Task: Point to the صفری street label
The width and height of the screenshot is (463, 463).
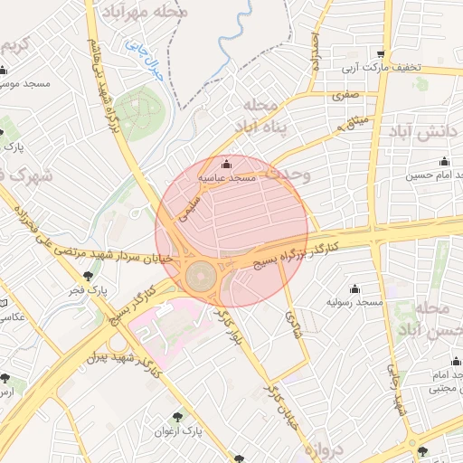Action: pyautogui.click(x=345, y=94)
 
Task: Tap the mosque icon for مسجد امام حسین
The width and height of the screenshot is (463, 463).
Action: pyautogui.click(x=444, y=162)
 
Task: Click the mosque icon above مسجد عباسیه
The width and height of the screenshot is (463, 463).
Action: pyautogui.click(x=226, y=164)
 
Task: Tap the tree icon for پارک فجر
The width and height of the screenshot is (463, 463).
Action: pyautogui.click(x=87, y=276)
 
